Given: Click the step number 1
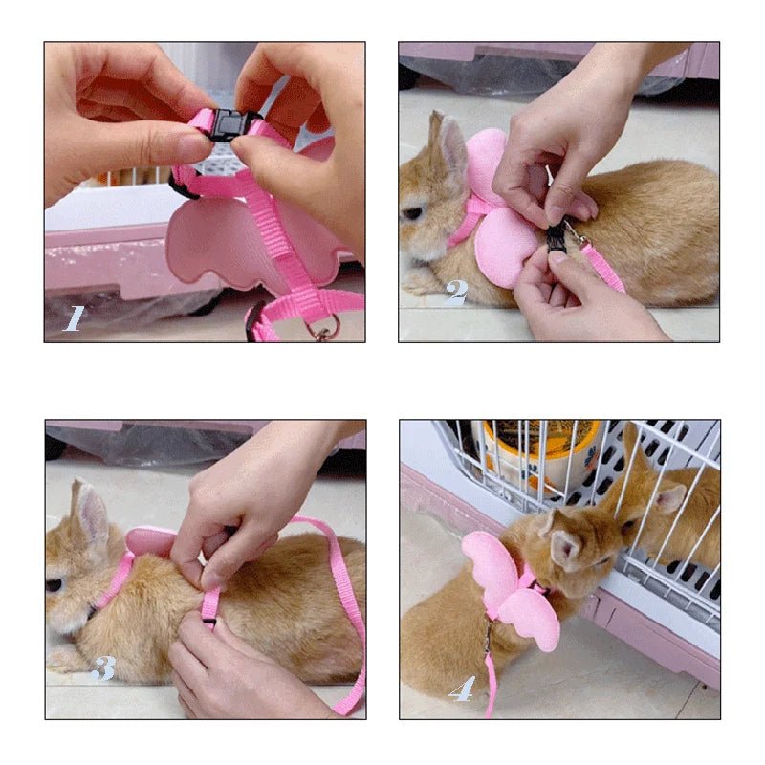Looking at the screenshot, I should pos(74,317).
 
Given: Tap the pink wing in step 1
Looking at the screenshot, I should pos(206,244).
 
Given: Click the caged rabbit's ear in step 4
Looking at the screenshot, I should pos(669,497).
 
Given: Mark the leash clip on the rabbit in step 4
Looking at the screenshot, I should pos(489,636).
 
